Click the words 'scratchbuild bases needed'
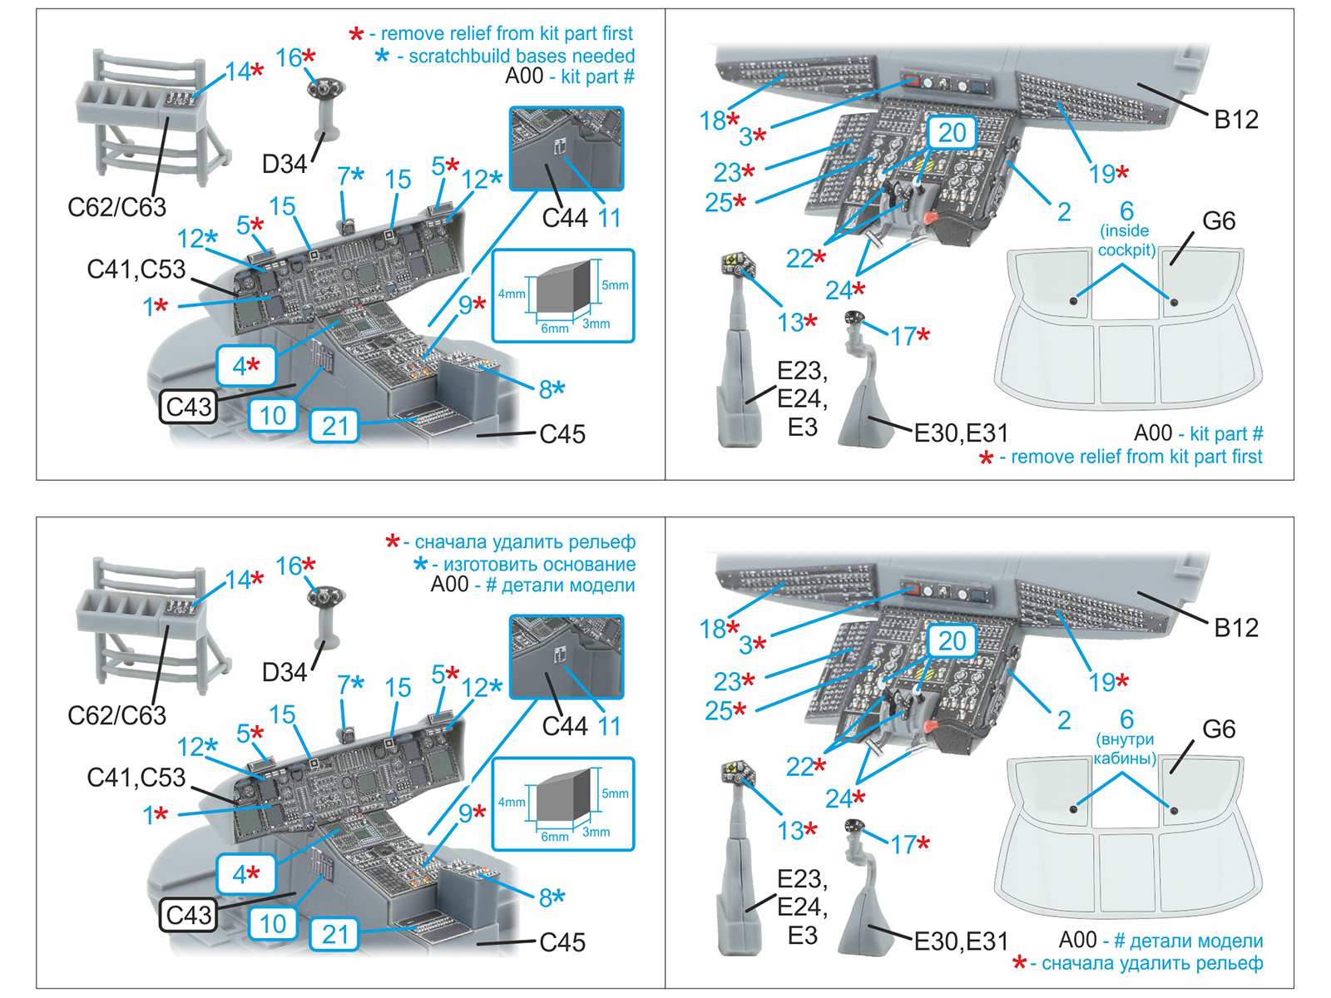[x=521, y=56]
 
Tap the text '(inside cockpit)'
[x=1126, y=240]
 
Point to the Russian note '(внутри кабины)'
[x=1125, y=748]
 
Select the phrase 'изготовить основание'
[x=539, y=564]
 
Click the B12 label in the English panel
[x=1235, y=120]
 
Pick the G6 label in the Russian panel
[x=1218, y=729]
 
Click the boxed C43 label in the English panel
[x=190, y=407]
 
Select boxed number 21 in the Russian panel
[x=334, y=935]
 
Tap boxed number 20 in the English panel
[x=952, y=133]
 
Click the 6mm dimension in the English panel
[x=554, y=329]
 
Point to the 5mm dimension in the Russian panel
[x=615, y=793]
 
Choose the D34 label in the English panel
[x=284, y=165]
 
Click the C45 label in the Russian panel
[x=562, y=942]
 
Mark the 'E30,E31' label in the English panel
[x=961, y=433]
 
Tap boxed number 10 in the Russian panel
[x=273, y=924]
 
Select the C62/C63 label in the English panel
[x=116, y=207]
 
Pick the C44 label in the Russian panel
[x=564, y=726]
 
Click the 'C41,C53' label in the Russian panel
[x=136, y=778]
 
